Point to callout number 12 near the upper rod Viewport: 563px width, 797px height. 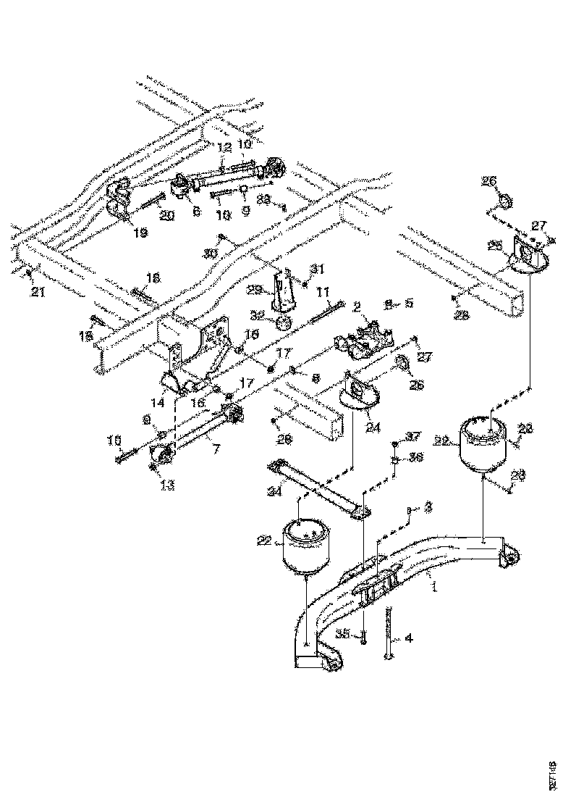[x=225, y=147]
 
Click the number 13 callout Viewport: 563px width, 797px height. [x=167, y=485]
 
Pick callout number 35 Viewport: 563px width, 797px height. [x=344, y=633]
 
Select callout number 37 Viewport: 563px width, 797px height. [x=412, y=435]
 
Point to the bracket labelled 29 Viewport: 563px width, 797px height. [x=286, y=290]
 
